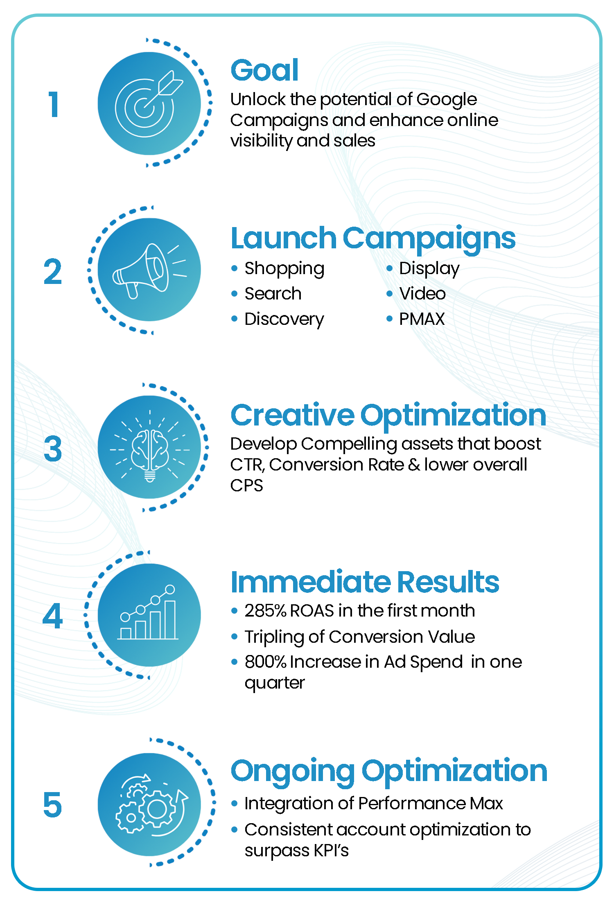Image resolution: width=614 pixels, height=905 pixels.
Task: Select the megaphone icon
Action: (x=149, y=270)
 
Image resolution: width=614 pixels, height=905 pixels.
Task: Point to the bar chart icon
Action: (x=148, y=612)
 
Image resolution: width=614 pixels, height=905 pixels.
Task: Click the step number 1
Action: (x=54, y=104)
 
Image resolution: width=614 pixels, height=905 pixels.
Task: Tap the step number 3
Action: (x=53, y=449)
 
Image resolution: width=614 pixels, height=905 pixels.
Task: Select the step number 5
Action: (x=53, y=804)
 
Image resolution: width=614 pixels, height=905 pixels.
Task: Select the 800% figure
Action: (x=266, y=662)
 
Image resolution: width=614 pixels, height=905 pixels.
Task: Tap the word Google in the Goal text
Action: (x=447, y=100)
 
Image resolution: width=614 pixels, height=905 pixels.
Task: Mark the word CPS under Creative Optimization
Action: (x=246, y=486)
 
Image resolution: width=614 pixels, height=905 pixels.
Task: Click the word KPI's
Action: (x=331, y=850)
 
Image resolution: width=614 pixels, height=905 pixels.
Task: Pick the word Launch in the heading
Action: (x=284, y=238)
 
